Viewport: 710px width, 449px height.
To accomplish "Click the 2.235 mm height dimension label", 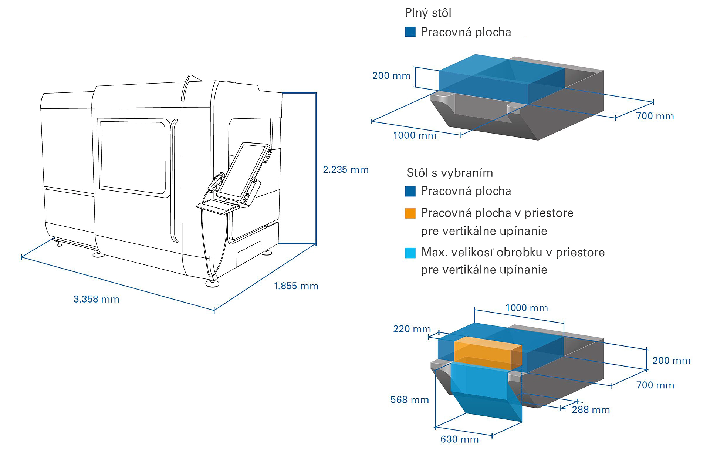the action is (x=346, y=170).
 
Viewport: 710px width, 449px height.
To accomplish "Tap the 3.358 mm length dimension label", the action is (x=97, y=299).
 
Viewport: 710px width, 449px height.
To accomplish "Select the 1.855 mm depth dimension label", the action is (x=296, y=286).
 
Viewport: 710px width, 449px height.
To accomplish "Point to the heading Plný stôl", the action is (x=428, y=13).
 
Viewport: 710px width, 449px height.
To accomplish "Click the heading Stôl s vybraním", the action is (x=450, y=173).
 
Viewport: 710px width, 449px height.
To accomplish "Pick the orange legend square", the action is (x=410, y=213).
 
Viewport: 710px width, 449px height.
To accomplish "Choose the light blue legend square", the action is (x=410, y=253).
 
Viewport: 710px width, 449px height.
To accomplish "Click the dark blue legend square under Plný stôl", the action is (x=410, y=32).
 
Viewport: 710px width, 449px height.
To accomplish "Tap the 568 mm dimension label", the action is (x=410, y=400).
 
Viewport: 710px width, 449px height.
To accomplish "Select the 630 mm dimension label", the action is (x=460, y=439).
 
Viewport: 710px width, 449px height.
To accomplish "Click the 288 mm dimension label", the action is (x=591, y=410).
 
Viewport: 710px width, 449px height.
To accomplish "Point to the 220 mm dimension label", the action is (x=412, y=329).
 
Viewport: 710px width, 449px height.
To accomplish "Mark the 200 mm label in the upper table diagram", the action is (x=391, y=76).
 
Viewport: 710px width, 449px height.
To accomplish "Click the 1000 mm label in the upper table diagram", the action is (x=415, y=135).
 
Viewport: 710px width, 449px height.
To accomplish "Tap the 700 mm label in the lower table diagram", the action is (x=655, y=385).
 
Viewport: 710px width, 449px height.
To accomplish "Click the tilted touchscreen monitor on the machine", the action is (x=243, y=172).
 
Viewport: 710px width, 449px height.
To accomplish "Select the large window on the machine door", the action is (x=133, y=156).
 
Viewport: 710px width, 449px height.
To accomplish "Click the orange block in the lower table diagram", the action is (x=488, y=354).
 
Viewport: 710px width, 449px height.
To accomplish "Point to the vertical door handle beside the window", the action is (x=174, y=180).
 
